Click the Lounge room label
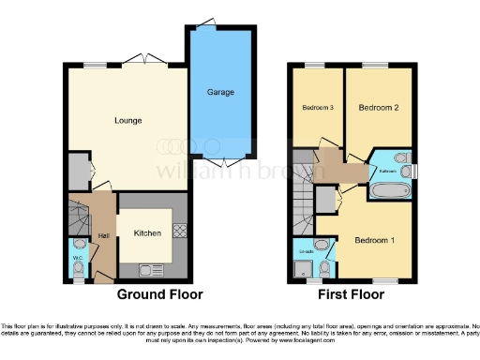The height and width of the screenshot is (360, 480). pyautogui.click(x=127, y=120)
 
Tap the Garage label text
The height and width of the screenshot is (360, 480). pyautogui.click(x=220, y=92)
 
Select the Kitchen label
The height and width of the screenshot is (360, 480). pyautogui.click(x=147, y=232)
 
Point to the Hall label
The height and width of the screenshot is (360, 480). pyautogui.click(x=103, y=234)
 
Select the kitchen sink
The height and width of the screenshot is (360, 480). pyautogui.click(x=149, y=270)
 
